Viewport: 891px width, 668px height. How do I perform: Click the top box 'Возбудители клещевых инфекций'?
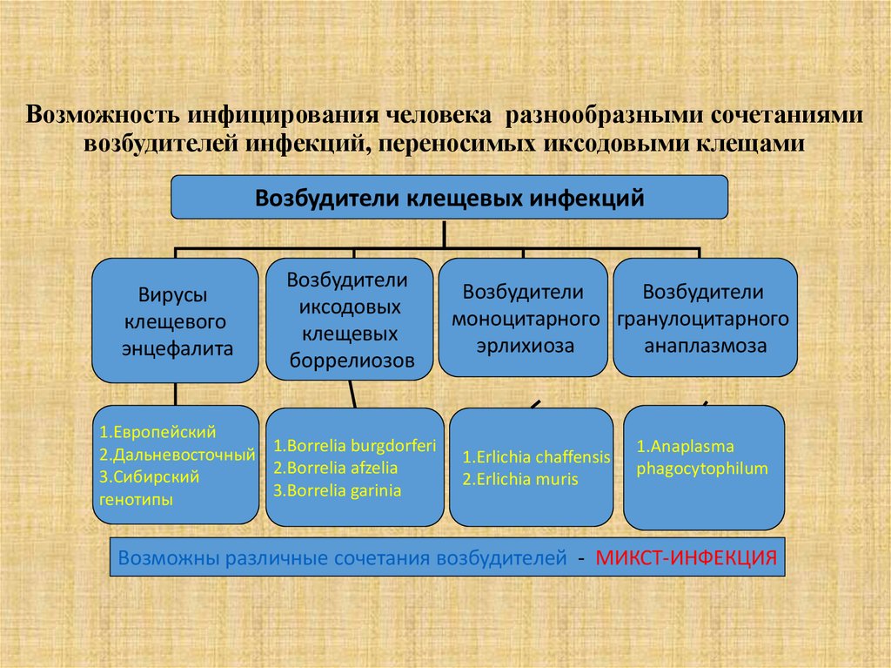pyautogui.click(x=449, y=198)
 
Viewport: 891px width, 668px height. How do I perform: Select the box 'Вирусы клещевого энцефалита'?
pyautogui.click(x=176, y=321)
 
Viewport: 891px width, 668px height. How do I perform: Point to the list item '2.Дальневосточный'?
pyautogui.click(x=177, y=454)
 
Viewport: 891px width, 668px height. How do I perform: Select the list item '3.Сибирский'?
pyautogui.click(x=150, y=476)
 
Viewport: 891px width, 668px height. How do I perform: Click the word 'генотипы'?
pyautogui.click(x=136, y=499)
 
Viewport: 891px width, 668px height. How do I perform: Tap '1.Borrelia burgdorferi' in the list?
pyautogui.click(x=354, y=445)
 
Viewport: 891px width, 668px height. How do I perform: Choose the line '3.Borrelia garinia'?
pyautogui.click(x=337, y=490)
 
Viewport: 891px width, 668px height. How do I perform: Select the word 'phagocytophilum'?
pyautogui.click(x=702, y=469)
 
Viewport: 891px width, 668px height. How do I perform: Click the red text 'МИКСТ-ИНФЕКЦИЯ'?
pyautogui.click(x=685, y=557)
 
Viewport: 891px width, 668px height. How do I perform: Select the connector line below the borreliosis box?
pyautogui.click(x=352, y=394)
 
